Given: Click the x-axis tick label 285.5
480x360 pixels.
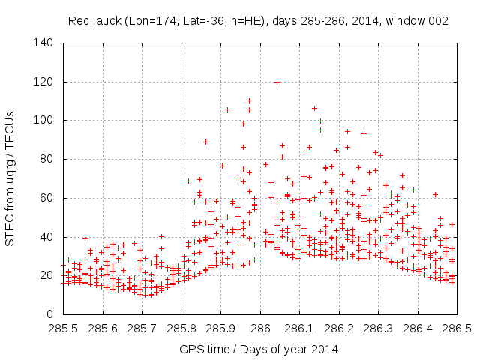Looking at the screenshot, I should pos(64,328).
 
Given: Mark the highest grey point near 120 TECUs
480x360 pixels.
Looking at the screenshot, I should pos(277,82).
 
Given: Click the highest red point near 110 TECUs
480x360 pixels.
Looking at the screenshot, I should pos(249,100).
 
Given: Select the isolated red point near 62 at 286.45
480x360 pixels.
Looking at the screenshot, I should pos(435,194).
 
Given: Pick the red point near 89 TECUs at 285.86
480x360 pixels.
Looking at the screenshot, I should pos(205,142).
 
